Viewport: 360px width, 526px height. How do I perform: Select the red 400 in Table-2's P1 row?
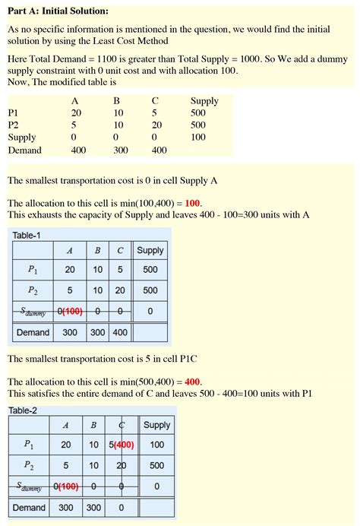[125, 445]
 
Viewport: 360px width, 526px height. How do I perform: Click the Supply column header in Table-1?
[150, 250]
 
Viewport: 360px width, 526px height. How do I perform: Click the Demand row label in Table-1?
[33, 332]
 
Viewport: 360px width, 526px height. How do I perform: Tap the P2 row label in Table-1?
[32, 290]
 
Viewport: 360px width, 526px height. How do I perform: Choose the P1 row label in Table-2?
[29, 445]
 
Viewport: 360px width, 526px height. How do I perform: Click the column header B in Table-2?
[93, 426]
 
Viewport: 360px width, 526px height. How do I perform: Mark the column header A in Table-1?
[70, 250]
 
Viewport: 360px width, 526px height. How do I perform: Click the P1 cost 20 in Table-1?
[70, 270]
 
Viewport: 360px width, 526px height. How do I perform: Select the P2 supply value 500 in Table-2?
[156, 465]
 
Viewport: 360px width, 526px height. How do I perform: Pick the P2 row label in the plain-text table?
[14, 125]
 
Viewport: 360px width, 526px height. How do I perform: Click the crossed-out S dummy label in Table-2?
[30, 486]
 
